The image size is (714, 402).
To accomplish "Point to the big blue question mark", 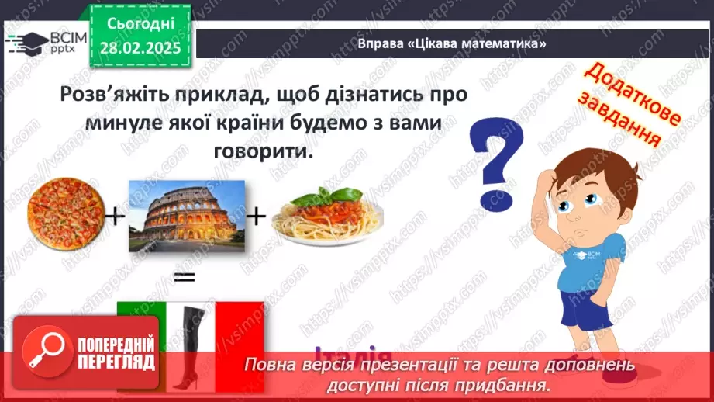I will pyautogui.click(x=497, y=163).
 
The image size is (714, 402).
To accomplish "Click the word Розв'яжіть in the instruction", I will pyautogui.click(x=116, y=95).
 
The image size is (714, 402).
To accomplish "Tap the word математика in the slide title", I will pyautogui.click(x=505, y=44).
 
